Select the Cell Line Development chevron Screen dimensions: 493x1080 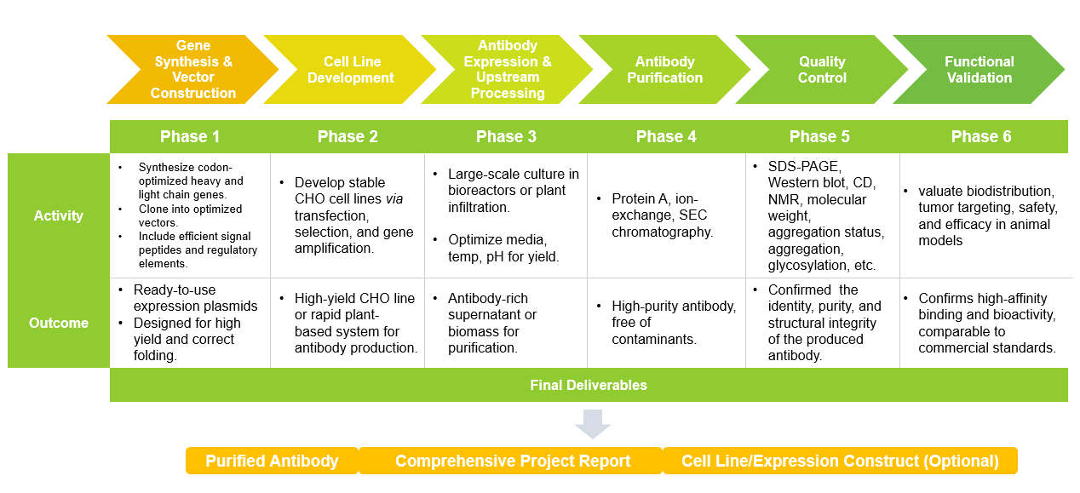point(350,69)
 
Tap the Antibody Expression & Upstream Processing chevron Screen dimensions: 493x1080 point(508,69)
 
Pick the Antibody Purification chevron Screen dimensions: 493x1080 point(664,69)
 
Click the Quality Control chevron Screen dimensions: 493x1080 point(822,69)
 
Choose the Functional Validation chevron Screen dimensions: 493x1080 point(979,69)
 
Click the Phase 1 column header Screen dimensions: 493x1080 point(190,136)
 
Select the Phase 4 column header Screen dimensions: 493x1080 point(666,136)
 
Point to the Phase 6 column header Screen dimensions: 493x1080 point(981,136)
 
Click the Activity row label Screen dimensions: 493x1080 point(59,215)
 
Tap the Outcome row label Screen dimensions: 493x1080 point(59,323)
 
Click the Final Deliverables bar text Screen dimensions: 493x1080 point(589,385)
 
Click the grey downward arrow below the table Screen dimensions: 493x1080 point(593,423)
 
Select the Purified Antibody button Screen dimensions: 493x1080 point(272,461)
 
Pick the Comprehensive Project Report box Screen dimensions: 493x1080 point(512,461)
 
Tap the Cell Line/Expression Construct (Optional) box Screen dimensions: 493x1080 point(840,461)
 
